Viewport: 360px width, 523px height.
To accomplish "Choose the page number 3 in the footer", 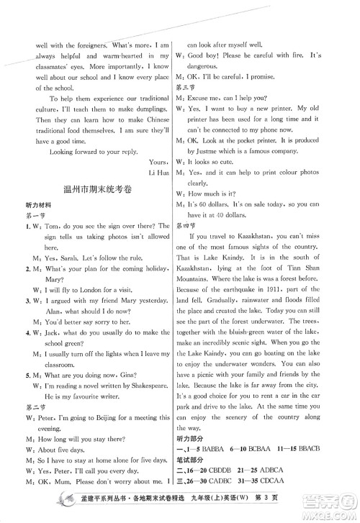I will [x=330, y=508].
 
